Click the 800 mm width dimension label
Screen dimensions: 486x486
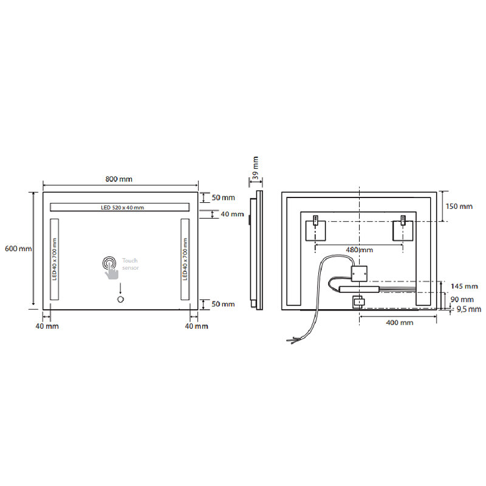118,179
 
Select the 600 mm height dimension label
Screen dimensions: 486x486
18,248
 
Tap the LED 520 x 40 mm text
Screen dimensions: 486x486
123,207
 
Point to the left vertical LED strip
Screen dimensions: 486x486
54,259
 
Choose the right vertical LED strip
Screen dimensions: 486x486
185,259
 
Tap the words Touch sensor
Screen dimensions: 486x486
130,264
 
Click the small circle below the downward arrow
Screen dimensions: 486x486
120,299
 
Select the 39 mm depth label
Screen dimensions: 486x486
255,168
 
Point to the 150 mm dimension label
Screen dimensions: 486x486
459,206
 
